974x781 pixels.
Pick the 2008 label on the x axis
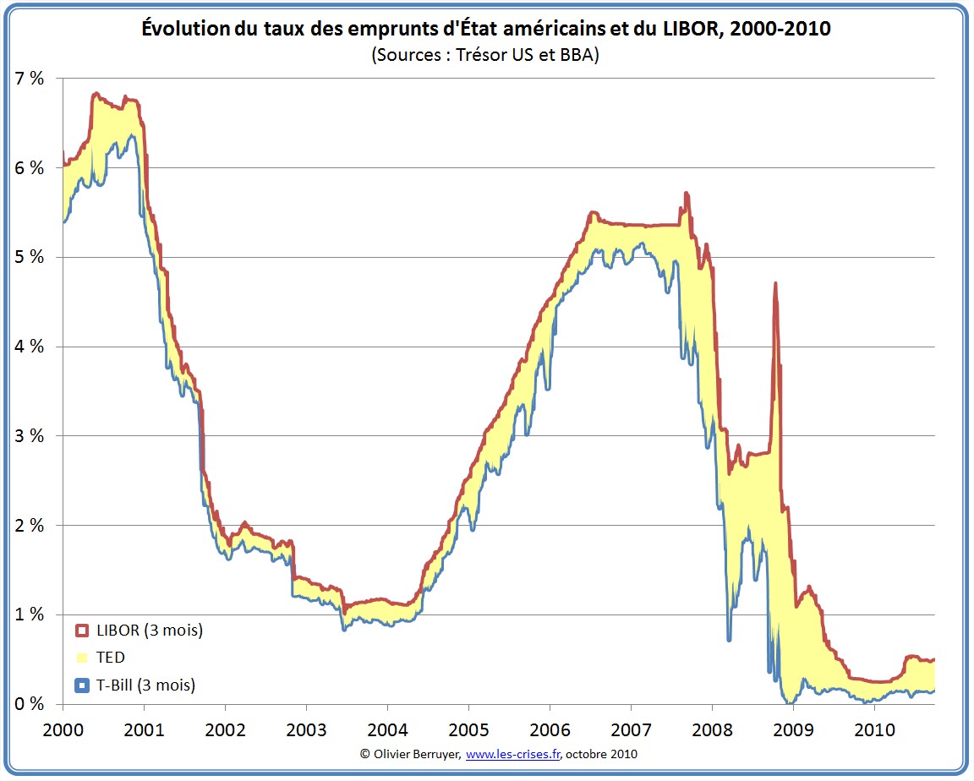click(712, 728)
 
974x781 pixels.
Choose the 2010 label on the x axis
click(874, 728)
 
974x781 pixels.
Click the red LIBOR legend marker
click(82, 631)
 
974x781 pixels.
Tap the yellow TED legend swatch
click(82, 658)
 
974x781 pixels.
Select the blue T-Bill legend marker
click(82, 685)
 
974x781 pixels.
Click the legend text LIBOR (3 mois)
click(150, 631)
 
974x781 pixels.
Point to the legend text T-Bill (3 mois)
click(146, 685)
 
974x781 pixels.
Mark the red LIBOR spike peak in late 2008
click(774, 284)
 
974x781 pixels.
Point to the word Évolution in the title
click(183, 30)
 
